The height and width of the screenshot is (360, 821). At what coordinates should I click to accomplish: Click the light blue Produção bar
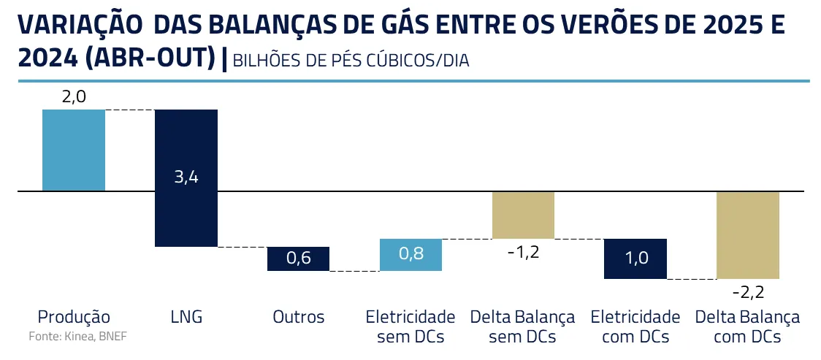pos(74,150)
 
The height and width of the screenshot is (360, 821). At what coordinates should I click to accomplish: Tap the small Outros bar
pos(298,258)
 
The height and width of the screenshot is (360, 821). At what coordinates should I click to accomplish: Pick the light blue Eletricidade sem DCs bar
pos(410,255)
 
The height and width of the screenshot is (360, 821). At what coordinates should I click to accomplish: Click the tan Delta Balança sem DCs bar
pos(523,215)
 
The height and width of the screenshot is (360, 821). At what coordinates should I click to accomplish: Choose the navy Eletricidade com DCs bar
pos(635,258)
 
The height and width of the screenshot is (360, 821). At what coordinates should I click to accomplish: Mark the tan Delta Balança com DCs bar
pos(748,234)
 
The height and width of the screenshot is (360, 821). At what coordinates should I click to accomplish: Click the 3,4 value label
pos(186,177)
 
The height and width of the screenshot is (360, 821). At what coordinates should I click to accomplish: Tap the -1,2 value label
pos(523,252)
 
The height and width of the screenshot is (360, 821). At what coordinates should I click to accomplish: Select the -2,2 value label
pos(748,292)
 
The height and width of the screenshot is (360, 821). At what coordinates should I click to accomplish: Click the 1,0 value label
pos(635,259)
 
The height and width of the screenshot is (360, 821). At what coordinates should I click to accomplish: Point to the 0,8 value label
pos(410,255)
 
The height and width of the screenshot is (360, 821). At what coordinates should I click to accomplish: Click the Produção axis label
pos(74,317)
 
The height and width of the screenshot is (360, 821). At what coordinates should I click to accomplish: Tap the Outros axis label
pos(298,317)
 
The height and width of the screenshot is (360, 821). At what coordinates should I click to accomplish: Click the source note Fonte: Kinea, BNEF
pos(72,337)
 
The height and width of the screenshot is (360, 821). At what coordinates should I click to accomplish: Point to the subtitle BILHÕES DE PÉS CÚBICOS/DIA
pos(351,61)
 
